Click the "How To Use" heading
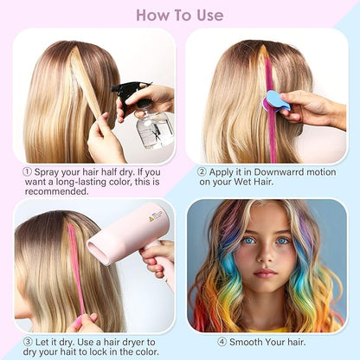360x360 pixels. point(179,15)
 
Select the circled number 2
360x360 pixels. point(201,171)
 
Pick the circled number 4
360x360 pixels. point(222,341)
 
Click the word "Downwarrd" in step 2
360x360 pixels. point(268,171)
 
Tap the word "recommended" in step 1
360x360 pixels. point(58,191)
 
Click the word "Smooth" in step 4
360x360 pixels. point(250,341)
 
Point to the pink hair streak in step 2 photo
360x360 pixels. point(269,104)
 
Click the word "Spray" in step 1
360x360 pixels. point(48,171)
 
